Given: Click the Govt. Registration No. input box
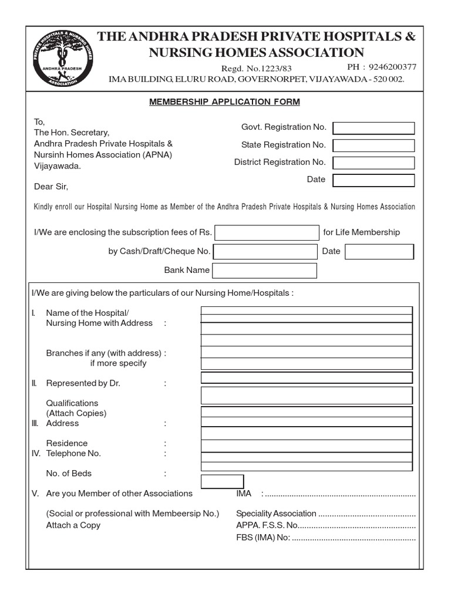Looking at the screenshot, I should pyautogui.click(x=373, y=128).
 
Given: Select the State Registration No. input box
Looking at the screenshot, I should pyautogui.click(x=373, y=146).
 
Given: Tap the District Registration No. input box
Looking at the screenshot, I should pyautogui.click(x=373, y=163).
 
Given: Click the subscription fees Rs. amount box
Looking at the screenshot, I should pyautogui.click(x=266, y=232).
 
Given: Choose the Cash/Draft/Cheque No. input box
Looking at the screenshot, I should pyautogui.click(x=264, y=252).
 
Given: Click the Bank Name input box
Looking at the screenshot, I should pyautogui.click(x=264, y=271).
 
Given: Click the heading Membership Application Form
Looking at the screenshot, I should pyautogui.click(x=224, y=102).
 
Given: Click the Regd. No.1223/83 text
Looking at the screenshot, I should pyautogui.click(x=256, y=68).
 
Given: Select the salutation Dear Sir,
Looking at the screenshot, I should pyautogui.click(x=51, y=187).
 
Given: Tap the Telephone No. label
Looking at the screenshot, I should pyautogui.click(x=73, y=453).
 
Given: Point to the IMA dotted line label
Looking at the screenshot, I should pyautogui.click(x=244, y=494).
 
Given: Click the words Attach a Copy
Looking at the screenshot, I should pyautogui.click(x=73, y=525).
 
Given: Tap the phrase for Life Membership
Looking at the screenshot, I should pyautogui.click(x=361, y=232).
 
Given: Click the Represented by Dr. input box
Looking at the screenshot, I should pyautogui.click(x=306, y=377).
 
